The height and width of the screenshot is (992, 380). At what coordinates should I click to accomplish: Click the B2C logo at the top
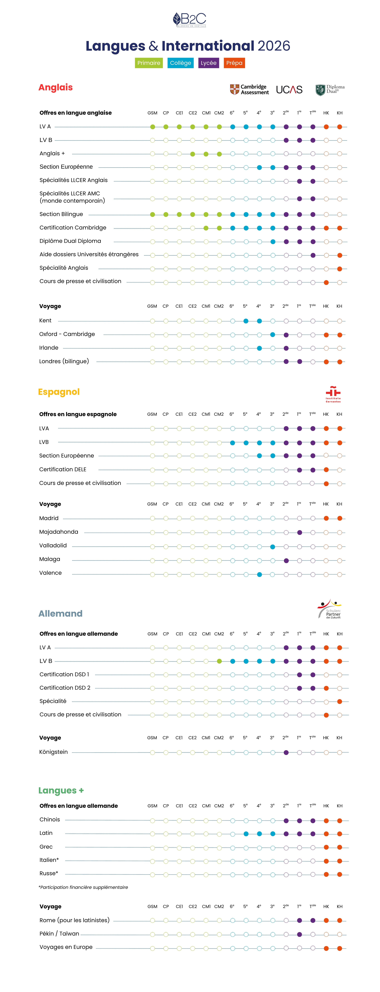(189, 20)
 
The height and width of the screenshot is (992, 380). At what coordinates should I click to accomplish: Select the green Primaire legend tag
(149, 63)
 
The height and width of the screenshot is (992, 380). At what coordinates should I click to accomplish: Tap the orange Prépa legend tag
(234, 63)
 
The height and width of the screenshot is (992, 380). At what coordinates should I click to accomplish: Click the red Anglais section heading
(55, 87)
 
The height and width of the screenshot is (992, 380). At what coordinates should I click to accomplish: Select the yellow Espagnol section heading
(59, 392)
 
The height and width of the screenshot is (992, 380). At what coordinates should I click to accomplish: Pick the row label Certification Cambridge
(73, 228)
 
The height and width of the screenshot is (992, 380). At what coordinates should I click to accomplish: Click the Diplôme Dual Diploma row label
(70, 241)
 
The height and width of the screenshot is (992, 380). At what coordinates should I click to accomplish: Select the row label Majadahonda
(59, 532)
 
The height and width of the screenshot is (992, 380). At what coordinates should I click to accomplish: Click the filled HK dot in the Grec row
(326, 847)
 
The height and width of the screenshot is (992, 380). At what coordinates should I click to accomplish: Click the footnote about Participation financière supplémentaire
(83, 887)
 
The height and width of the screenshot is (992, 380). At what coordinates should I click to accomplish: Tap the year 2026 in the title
(274, 46)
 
